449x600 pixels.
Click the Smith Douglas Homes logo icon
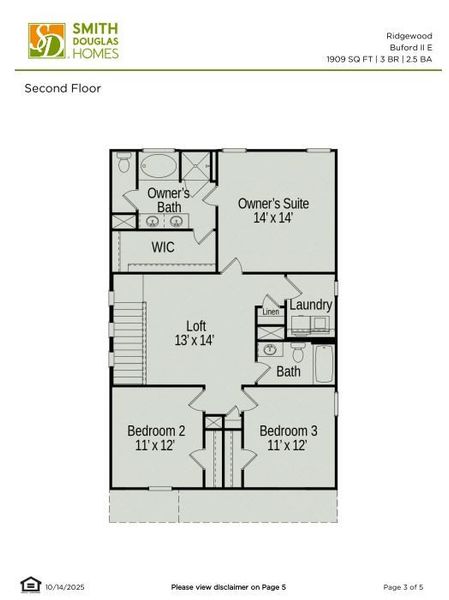44,39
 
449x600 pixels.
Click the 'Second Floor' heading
63,88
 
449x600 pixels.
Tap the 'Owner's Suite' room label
273,203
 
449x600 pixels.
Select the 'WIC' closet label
163,246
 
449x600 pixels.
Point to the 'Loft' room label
196,325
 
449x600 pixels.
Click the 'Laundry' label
310,304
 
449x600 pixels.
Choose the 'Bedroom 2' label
156,431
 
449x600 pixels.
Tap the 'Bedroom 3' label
289,431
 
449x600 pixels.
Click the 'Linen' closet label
271,312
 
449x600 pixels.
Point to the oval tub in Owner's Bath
160,165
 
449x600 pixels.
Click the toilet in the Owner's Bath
123,161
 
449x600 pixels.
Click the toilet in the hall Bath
298,352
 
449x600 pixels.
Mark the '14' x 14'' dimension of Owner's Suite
273,217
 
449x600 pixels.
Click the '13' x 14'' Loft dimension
194,340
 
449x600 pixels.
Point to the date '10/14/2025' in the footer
65,586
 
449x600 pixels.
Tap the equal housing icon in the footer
28,585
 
